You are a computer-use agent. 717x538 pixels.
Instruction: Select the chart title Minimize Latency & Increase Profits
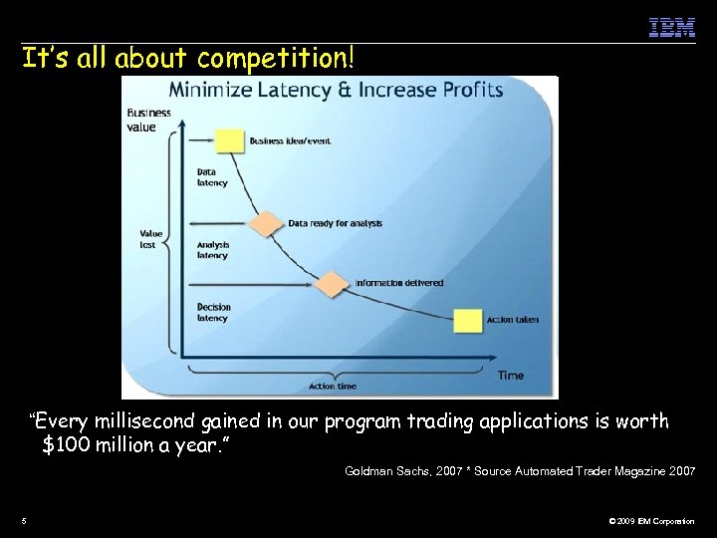336,90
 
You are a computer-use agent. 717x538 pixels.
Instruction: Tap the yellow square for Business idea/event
230,140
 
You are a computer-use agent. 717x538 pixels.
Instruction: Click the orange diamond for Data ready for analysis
266,223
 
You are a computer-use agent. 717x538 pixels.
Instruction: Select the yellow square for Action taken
467,320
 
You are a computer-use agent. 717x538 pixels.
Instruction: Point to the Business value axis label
148,120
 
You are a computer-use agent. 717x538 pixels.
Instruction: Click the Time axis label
510,375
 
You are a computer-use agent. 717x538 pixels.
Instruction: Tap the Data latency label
212,177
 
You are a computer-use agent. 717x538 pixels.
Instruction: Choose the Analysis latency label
213,249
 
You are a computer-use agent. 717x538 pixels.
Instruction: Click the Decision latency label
213,313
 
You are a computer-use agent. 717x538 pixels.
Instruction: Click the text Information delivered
398,283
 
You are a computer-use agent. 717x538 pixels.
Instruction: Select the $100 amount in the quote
68,443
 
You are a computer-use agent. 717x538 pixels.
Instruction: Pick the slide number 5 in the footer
24,521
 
